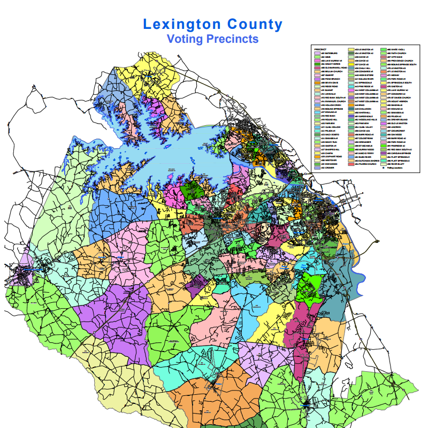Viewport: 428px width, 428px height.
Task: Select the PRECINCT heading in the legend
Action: click(320, 49)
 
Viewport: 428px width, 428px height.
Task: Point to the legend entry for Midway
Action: click(394, 75)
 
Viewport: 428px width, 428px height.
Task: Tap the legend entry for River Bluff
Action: click(395, 164)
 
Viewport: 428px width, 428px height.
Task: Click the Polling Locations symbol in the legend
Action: click(383, 168)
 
